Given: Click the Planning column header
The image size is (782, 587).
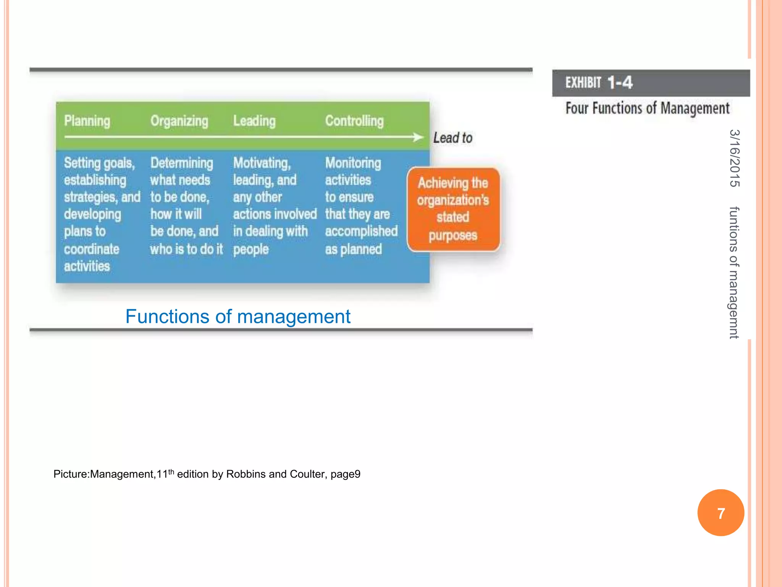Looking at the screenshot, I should click(x=87, y=121).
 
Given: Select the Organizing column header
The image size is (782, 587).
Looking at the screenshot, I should click(x=179, y=121).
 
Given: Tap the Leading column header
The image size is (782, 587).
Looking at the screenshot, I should click(x=254, y=121).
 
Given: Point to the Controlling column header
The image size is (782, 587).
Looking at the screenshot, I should click(x=354, y=121).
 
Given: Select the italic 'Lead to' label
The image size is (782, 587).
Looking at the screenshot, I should click(x=453, y=138).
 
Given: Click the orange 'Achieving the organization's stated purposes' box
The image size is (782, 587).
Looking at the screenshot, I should click(x=453, y=209).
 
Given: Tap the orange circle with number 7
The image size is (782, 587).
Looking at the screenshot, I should click(x=721, y=513).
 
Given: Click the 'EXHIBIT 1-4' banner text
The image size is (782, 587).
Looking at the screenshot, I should click(x=599, y=83).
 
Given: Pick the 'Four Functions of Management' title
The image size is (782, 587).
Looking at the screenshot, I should click(x=647, y=108).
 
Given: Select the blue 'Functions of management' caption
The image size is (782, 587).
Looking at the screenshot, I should click(x=238, y=316).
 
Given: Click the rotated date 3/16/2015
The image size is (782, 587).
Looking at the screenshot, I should click(x=734, y=158).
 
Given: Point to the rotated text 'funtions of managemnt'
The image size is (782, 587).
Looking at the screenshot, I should click(x=734, y=272).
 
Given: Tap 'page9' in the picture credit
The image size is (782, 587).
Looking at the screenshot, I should click(x=346, y=474).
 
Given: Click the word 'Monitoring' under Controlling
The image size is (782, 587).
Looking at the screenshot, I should click(x=353, y=163).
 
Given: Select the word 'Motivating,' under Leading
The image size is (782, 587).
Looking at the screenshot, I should click(x=262, y=163).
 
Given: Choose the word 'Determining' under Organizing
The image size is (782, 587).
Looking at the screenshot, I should click(x=182, y=163).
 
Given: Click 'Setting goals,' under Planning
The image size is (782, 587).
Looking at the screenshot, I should click(x=99, y=163).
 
